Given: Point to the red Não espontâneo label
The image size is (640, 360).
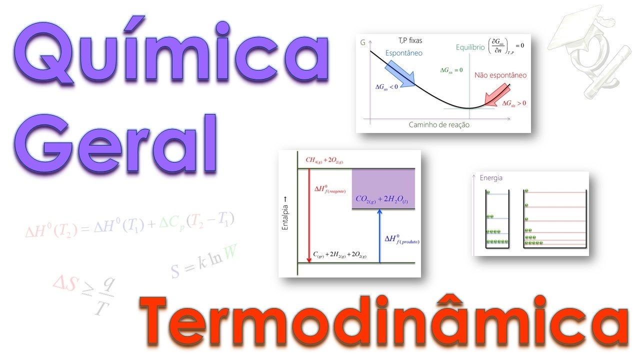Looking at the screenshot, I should [500, 75].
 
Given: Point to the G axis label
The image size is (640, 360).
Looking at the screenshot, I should [363, 43].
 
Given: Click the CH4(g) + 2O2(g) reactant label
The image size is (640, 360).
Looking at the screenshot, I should [324, 161].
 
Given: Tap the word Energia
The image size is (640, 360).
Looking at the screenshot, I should [491, 178].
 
